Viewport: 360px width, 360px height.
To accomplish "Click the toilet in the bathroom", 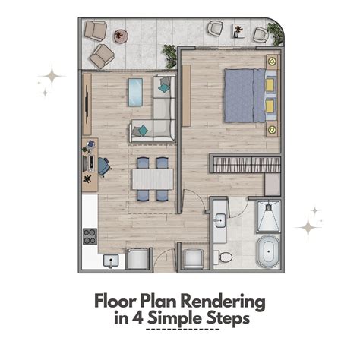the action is [x=223, y=257].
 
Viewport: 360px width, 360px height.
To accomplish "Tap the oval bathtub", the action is [x=269, y=251].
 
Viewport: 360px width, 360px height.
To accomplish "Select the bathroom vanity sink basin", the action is [x=220, y=220].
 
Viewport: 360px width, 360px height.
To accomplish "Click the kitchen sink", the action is [x=111, y=261].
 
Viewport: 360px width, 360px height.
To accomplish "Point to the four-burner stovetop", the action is [x=90, y=236].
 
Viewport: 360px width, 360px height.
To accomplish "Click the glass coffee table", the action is [x=135, y=92].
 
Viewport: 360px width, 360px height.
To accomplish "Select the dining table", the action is [x=153, y=179].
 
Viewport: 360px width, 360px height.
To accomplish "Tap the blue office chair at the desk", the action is [x=104, y=166].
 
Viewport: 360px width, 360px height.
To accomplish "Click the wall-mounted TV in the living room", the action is [x=87, y=105].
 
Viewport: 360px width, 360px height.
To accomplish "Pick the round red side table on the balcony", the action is [x=120, y=36].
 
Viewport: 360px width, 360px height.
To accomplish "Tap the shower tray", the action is [x=268, y=216].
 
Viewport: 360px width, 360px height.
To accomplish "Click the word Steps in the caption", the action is [x=228, y=319].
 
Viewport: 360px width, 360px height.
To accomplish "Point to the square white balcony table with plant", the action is [x=238, y=31].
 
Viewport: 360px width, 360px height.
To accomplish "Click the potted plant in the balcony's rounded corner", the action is [x=275, y=33].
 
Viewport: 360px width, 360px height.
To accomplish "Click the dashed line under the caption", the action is [x=182, y=330].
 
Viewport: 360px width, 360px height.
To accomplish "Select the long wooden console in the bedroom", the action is [x=186, y=96].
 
